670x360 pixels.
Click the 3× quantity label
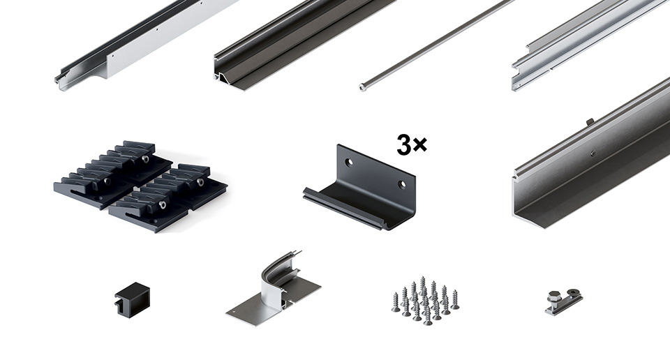pyautogui.click(x=412, y=145)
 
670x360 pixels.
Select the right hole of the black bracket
pyautogui.click(x=402, y=184)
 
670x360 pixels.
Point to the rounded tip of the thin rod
pyautogui.click(x=363, y=88)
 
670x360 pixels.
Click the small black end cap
pyautogui.click(x=133, y=299)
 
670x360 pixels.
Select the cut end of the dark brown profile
pyautogui.click(x=223, y=77)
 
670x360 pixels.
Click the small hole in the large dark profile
pyautogui.click(x=593, y=152)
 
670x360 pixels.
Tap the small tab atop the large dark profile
pyautogui.click(x=590, y=121)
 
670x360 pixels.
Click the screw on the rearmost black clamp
pyautogui.click(x=146, y=159)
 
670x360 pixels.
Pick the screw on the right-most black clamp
pyautogui.click(x=200, y=182)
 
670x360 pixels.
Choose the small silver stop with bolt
pyautogui.click(x=564, y=301)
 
